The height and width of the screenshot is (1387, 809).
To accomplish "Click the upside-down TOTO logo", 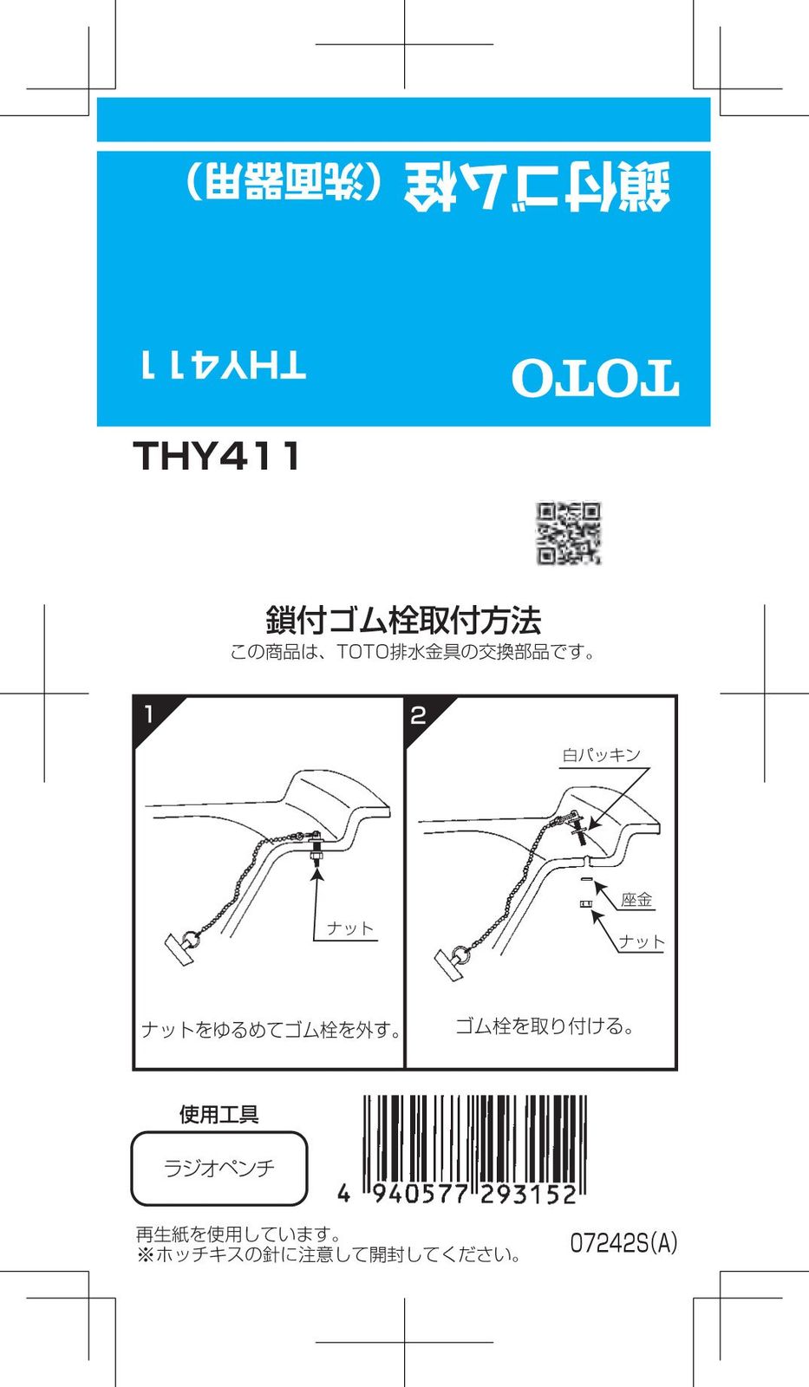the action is pyautogui.click(x=596, y=378).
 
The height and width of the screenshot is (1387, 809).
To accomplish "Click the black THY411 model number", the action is pyautogui.click(x=216, y=456).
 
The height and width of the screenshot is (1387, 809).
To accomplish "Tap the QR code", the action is pyautogui.click(x=569, y=533).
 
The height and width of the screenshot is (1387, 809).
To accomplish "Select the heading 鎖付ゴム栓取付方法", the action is pyautogui.click(x=404, y=621).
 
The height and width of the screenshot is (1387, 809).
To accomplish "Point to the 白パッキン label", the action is pyautogui.click(x=601, y=755).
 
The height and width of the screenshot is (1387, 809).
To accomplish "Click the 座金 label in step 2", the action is pyautogui.click(x=636, y=900).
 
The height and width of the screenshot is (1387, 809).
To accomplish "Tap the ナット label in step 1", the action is pyautogui.click(x=350, y=928).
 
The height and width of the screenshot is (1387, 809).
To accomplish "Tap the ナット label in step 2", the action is pyautogui.click(x=642, y=941).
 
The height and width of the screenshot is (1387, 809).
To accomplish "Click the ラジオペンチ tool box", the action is pyautogui.click(x=219, y=1169).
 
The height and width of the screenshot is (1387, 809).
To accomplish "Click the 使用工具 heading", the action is pyautogui.click(x=219, y=1114).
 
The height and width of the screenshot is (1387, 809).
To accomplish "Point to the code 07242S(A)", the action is pyautogui.click(x=623, y=1243).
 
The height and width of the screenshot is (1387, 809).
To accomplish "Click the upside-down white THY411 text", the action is pyautogui.click(x=224, y=365).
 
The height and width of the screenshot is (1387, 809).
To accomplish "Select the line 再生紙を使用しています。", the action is pyautogui.click(x=238, y=1234).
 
